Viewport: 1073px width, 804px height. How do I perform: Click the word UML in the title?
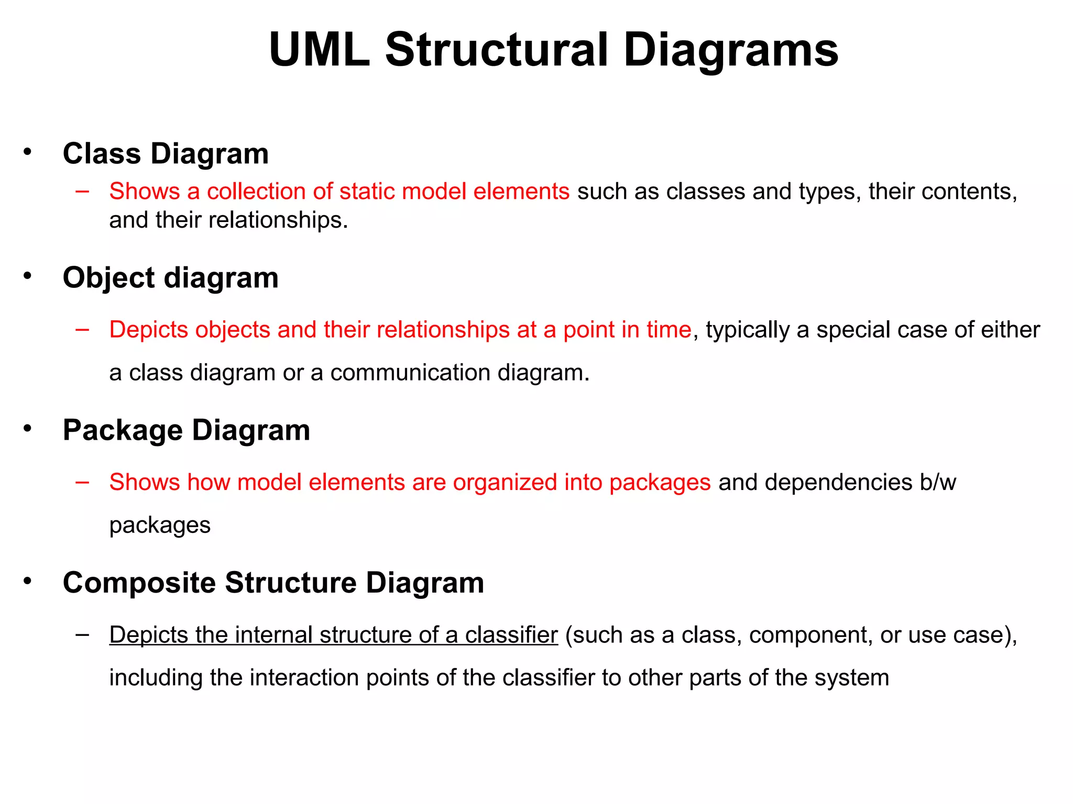coord(319,50)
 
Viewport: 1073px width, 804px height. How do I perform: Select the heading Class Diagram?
coord(166,153)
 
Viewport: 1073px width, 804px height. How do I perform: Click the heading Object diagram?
coord(170,277)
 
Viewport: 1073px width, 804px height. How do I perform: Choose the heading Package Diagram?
coord(186,430)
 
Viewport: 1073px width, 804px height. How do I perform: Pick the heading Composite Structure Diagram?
coord(273,583)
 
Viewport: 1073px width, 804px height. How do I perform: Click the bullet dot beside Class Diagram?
coord(28,152)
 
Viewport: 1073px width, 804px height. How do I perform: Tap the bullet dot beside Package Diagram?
coord(28,429)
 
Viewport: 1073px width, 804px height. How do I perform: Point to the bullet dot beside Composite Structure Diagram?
coord(28,581)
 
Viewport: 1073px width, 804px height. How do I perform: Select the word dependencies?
coord(838,482)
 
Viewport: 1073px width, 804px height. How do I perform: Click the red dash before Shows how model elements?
coord(82,482)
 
